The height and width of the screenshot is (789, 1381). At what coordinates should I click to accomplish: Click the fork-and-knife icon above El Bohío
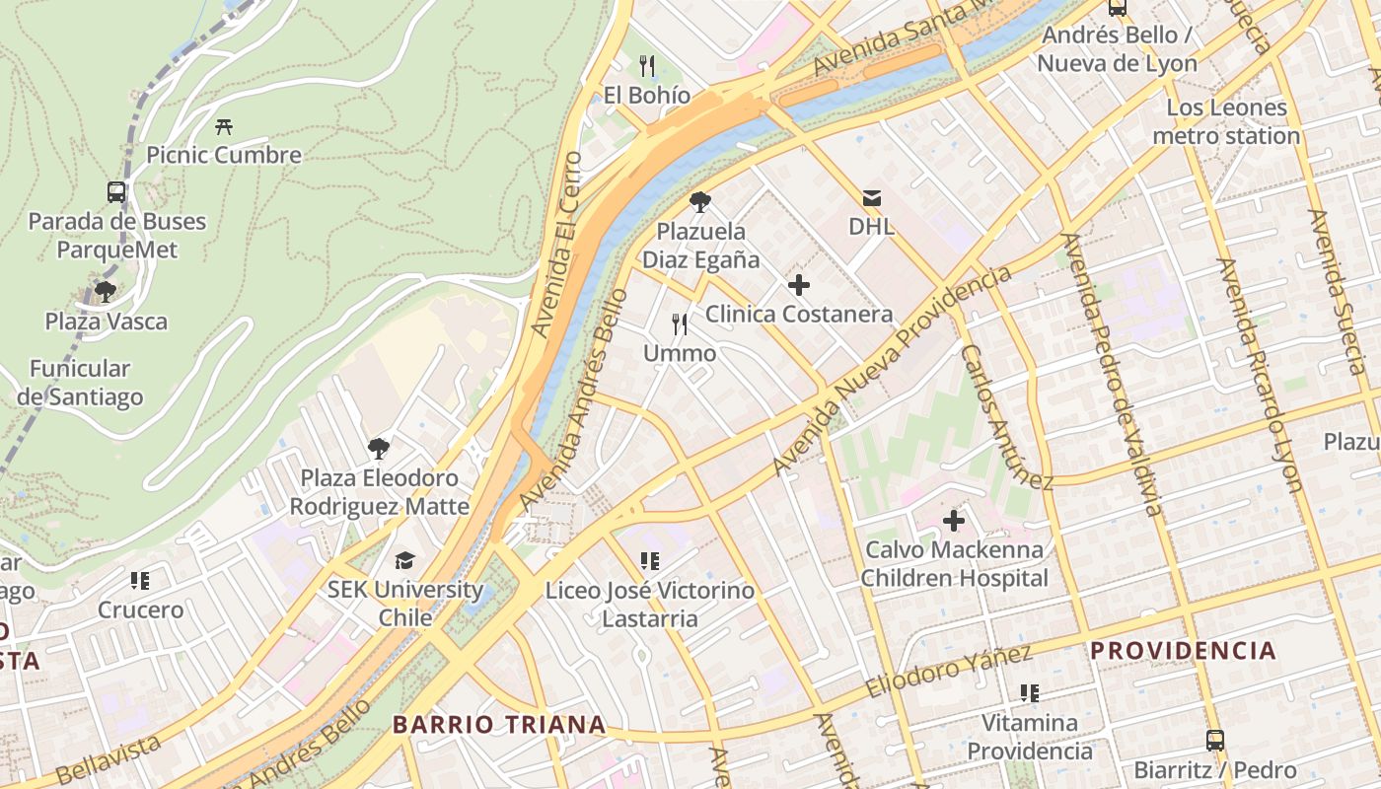(647, 66)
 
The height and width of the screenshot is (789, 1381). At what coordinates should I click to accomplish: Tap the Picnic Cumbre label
(224, 155)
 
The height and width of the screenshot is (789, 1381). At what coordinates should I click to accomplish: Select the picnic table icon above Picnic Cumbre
(224, 126)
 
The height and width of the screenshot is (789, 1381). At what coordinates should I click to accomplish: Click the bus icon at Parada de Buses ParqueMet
(116, 191)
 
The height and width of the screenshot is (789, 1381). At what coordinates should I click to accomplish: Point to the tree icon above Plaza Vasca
(106, 291)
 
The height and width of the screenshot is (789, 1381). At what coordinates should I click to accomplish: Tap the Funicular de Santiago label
(80, 383)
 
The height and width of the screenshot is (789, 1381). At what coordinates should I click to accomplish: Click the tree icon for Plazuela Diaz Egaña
(700, 202)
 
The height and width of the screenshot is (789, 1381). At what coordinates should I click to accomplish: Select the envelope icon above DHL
(872, 197)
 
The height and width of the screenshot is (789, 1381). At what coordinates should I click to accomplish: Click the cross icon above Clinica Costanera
(799, 286)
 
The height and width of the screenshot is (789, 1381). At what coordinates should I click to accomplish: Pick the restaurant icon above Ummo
(680, 323)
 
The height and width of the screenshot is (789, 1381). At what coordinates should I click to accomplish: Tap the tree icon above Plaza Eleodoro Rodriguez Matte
(379, 449)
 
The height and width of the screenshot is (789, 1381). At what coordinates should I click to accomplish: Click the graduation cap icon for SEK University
(405, 560)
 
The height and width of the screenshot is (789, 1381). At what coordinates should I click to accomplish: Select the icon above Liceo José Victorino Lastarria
(650, 561)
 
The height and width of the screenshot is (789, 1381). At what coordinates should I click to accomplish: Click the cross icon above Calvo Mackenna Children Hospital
(954, 520)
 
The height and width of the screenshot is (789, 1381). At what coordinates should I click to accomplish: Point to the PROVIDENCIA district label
(1183, 651)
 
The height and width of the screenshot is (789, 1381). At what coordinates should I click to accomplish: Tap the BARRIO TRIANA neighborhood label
(499, 725)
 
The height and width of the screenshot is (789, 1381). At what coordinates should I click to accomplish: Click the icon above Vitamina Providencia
(1030, 693)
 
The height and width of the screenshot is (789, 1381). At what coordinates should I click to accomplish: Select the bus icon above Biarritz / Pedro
(1215, 740)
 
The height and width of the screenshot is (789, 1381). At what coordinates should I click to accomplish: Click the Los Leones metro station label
(1226, 121)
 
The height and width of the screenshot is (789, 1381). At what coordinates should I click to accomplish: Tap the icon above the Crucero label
(140, 580)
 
